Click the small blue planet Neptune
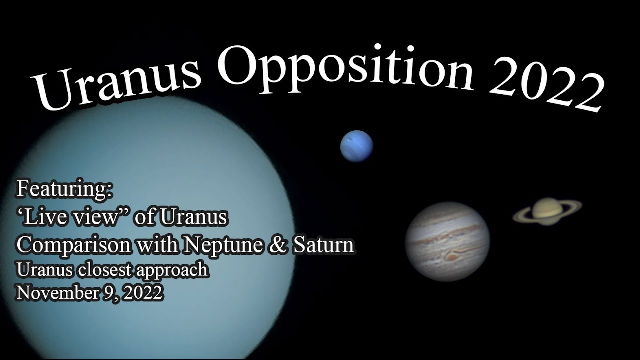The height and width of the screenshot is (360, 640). click(357, 146)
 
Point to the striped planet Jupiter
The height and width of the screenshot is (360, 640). click(447, 241)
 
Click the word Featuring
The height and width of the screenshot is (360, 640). click(65, 190)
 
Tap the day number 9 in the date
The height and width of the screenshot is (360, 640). click(106, 293)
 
